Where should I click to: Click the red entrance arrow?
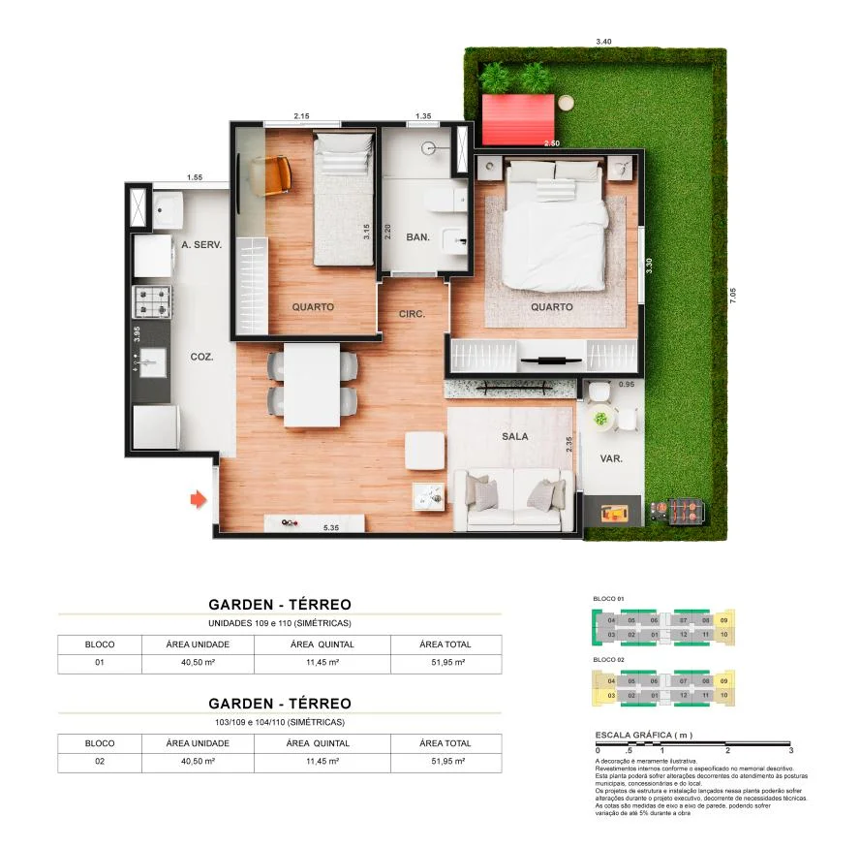tap(198, 499)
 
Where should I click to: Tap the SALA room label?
tap(515, 436)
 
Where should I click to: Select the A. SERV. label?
tap(201, 245)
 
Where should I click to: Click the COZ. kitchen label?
tap(201, 357)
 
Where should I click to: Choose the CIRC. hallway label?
tap(413, 314)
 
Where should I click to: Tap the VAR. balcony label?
tap(611, 458)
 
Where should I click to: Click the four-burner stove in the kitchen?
tap(152, 301)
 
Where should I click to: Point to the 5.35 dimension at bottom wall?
tap(330, 528)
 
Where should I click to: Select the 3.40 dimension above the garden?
tap(603, 42)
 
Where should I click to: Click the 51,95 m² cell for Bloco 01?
tap(445, 664)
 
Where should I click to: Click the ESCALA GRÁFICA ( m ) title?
tap(643, 736)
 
